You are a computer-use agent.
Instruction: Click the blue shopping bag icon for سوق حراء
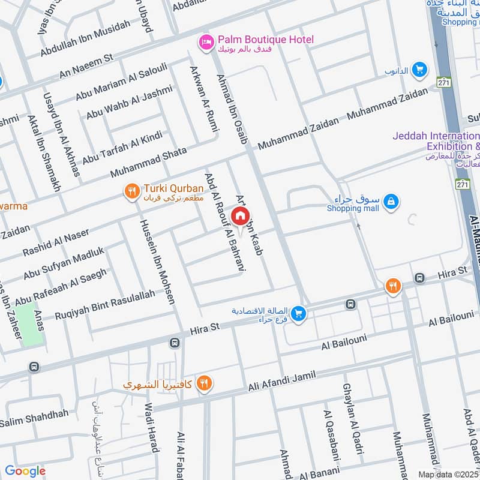pos(391,202)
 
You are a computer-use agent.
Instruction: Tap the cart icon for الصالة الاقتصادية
pos(298,313)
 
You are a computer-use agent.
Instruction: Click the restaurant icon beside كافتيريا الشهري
pos(205,382)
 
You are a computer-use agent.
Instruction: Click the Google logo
pos(25,471)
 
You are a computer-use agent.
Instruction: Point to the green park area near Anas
pos(30,324)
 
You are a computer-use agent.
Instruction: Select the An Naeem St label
pos(86,65)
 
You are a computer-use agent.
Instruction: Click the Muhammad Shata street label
pos(149,163)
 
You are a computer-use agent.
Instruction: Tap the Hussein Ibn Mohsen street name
pos(158,261)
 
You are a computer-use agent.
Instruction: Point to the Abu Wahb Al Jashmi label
pos(129,102)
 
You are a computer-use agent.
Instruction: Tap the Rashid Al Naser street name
pos(56,241)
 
